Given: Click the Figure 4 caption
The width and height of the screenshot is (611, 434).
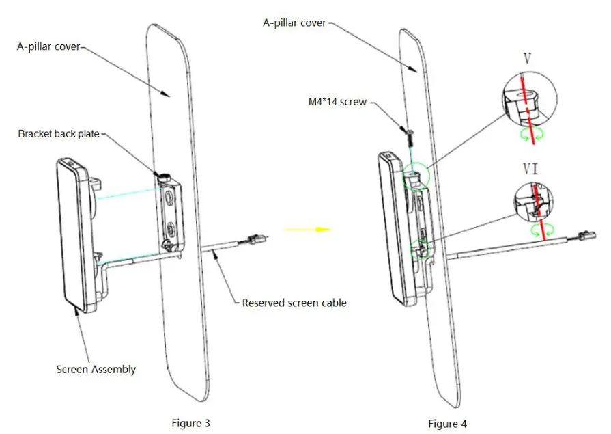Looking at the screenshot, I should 447,424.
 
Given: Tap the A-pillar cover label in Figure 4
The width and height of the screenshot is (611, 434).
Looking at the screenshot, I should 294,23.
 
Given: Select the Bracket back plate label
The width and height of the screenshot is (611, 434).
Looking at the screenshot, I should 59,134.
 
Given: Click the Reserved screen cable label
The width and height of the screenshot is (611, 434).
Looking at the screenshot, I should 294,302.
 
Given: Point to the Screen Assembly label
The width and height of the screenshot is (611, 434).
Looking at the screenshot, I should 96,369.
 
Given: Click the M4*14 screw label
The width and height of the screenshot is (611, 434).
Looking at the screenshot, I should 337,102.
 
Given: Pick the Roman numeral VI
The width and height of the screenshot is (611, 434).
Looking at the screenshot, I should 530,168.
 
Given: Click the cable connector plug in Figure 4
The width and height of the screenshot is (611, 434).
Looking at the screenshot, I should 586,237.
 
